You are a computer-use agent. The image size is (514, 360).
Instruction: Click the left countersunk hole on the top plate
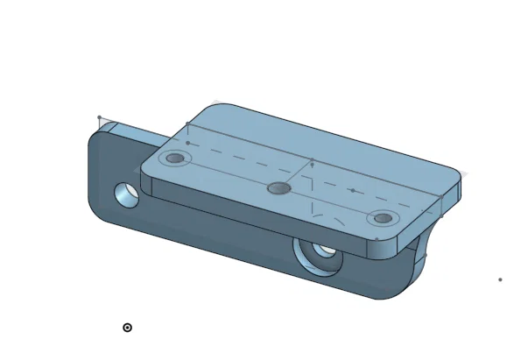coord(177,159)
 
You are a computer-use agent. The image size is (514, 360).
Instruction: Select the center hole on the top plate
coord(278,187)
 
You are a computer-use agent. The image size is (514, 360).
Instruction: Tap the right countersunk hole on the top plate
coord(381,218)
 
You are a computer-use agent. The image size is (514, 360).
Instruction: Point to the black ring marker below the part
coord(127,328)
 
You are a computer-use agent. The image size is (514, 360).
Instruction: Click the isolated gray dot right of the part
coord(500,279)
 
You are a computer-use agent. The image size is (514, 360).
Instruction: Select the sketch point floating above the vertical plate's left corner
coord(99,117)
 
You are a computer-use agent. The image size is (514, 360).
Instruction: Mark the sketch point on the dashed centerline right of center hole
coord(352,190)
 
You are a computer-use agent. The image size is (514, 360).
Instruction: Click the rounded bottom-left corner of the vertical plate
coord(96,210)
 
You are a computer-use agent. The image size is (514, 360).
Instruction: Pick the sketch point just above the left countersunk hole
coord(187,142)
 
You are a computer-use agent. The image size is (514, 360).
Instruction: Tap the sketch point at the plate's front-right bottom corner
coord(377,238)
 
